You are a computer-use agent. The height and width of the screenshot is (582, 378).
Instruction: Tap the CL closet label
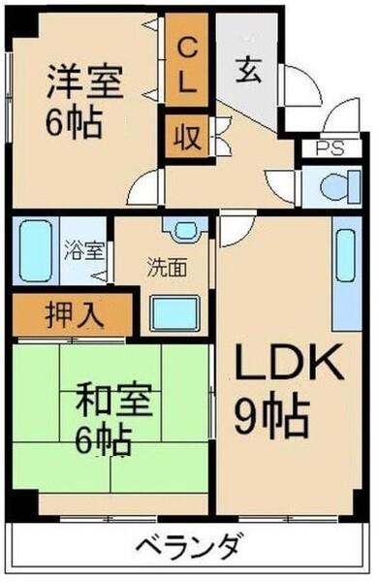(x=188, y=62)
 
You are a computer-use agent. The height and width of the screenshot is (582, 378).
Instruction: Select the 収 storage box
(x=188, y=137)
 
